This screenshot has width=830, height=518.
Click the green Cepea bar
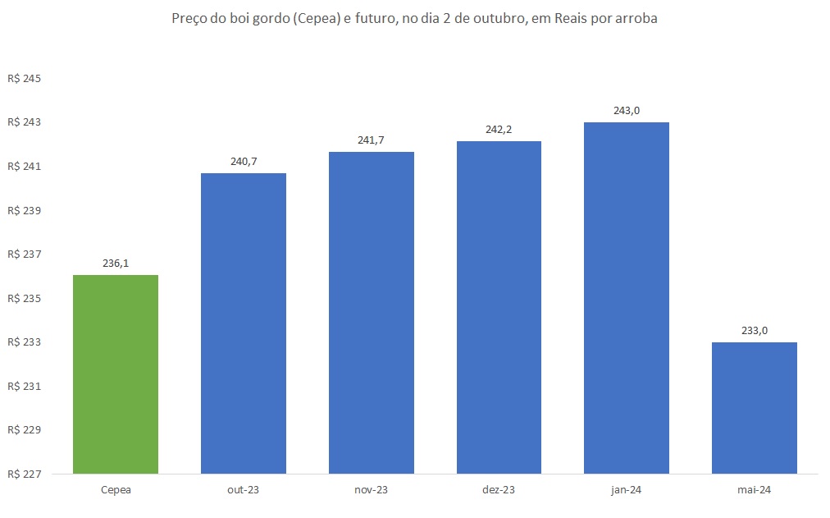(x=116, y=374)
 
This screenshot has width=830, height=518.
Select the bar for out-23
(x=244, y=323)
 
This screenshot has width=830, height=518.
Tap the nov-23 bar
(x=372, y=313)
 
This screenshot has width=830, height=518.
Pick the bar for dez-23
(x=499, y=307)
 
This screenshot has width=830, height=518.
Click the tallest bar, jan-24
(x=627, y=298)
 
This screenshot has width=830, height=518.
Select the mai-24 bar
(x=755, y=408)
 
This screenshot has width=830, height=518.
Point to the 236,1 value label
(x=116, y=264)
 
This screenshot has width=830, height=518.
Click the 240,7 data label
(x=244, y=162)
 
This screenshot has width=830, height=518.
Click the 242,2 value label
(x=499, y=130)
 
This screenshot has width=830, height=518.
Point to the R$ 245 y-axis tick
(x=24, y=79)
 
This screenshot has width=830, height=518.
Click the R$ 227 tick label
(x=24, y=474)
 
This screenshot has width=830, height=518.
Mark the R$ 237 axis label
(x=24, y=254)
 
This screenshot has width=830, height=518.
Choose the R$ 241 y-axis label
(x=24, y=167)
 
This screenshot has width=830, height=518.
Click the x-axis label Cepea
(x=116, y=490)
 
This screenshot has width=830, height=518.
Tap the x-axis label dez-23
(x=499, y=490)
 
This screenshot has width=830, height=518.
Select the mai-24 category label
(x=755, y=490)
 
